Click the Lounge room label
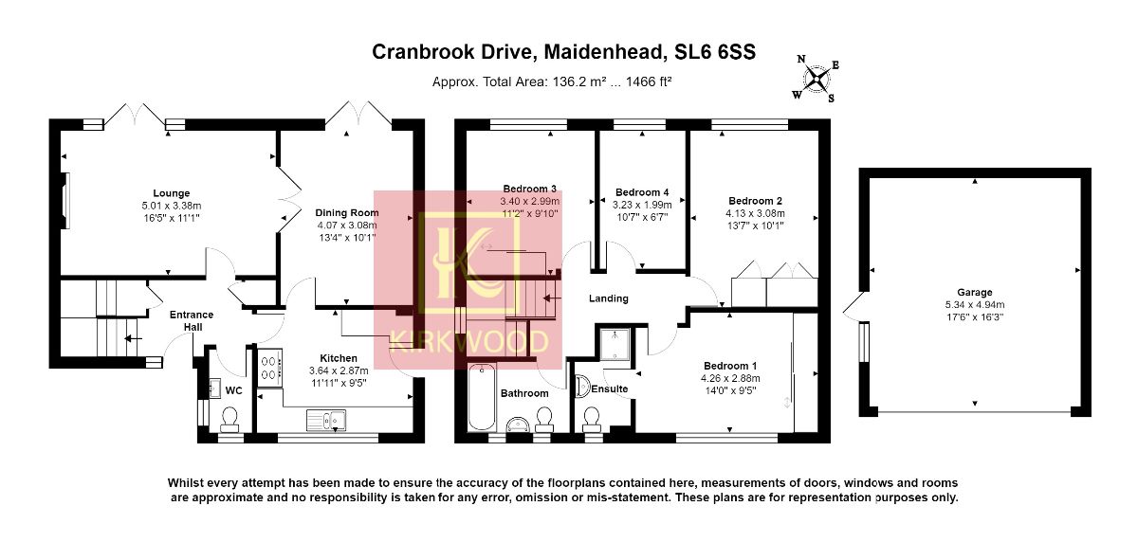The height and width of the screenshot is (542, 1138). (x=172, y=193)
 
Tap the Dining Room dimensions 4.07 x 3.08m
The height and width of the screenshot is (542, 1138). (x=348, y=226)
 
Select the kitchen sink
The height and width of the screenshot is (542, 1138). (x=327, y=418)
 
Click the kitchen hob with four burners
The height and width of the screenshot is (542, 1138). (x=268, y=367)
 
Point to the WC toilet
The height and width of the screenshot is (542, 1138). (x=229, y=418)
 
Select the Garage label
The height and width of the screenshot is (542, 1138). (x=974, y=292)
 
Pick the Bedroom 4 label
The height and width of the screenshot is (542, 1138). (x=642, y=191)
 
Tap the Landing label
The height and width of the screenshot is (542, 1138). (x=609, y=298)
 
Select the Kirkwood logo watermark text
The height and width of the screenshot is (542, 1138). (x=469, y=342)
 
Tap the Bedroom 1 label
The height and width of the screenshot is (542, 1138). (x=730, y=366)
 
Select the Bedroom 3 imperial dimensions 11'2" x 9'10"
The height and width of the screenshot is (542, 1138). (x=529, y=214)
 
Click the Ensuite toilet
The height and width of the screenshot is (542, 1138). (x=591, y=417)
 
